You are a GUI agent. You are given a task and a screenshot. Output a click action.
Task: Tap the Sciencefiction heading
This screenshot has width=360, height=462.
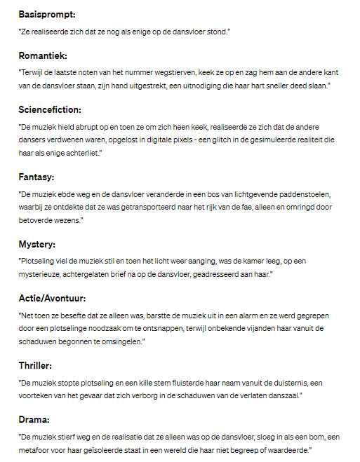coord(51,109)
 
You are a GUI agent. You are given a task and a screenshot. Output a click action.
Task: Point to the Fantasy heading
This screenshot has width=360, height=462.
coord(38,177)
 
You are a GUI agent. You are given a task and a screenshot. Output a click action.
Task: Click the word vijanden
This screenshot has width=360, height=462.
coord(263,328)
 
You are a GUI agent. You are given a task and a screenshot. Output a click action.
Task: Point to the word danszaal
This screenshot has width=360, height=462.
coord(281,396)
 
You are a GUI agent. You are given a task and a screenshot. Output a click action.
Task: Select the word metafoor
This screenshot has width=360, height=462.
coord(38,449)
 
